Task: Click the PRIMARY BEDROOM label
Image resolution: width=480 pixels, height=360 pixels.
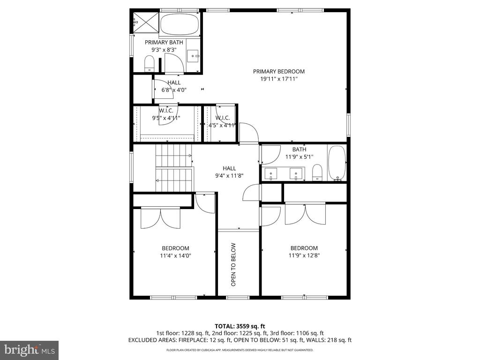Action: pos(278,71)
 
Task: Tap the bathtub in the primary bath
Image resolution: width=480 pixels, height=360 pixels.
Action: pos(180,24)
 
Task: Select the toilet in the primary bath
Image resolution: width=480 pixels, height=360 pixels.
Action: pos(149,63)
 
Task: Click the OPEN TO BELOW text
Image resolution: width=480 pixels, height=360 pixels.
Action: pos(233,264)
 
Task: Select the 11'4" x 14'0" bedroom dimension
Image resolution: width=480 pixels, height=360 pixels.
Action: pos(175,255)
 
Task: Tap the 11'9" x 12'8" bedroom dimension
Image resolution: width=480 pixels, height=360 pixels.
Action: pos(304,255)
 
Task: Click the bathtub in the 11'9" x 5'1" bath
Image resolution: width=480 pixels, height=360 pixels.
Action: pos(337,163)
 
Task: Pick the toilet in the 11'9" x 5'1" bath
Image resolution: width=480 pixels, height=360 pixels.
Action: pos(317,172)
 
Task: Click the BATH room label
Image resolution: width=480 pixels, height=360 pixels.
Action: pos(299,150)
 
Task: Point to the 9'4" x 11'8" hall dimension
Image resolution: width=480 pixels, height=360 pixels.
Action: pos(229,175)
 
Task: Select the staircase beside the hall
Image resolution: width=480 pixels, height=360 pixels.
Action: pos(174,168)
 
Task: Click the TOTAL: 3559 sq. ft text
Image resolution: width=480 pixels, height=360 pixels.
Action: pos(240,326)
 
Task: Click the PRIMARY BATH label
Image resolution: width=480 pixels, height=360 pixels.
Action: pos(164,42)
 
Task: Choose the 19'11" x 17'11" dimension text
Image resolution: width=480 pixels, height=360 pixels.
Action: pos(278,79)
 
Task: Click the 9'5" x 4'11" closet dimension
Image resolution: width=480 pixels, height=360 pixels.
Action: pos(166,118)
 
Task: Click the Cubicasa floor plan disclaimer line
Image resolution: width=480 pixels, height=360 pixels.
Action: pos(240,350)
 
